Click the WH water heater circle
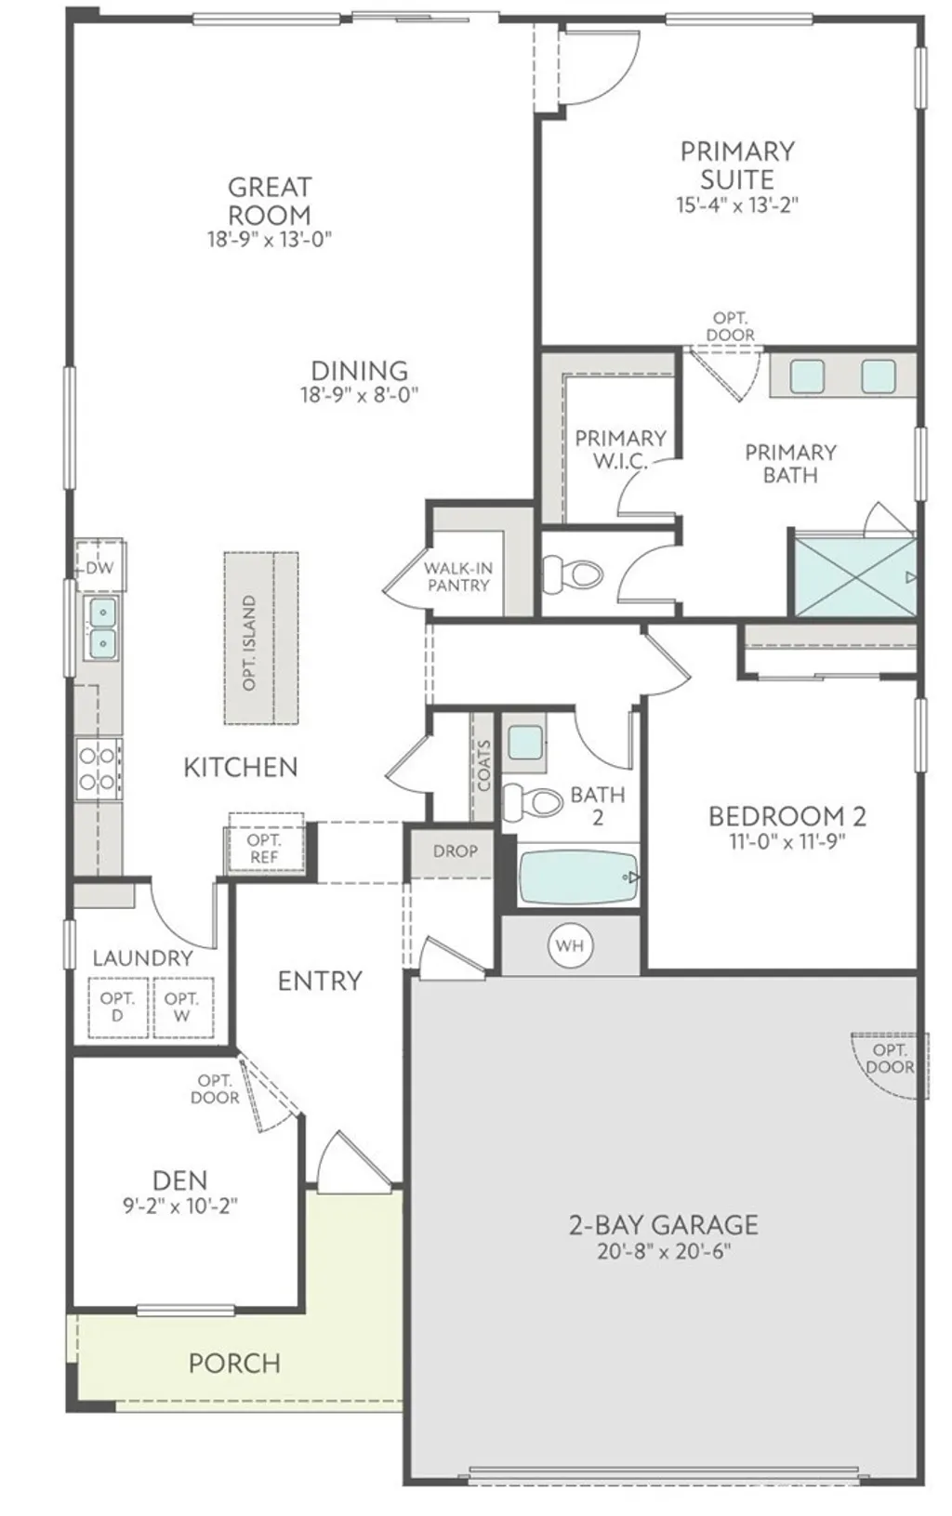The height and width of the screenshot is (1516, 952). [569, 945]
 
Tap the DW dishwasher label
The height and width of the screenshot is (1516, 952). [99, 567]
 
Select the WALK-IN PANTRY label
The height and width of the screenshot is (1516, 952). [457, 576]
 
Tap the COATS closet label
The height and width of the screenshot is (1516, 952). [483, 765]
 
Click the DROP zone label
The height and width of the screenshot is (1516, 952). [456, 850]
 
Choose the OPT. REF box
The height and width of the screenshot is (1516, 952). [264, 848]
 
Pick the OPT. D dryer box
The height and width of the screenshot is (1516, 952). [118, 1007]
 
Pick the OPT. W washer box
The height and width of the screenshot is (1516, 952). [181, 1007]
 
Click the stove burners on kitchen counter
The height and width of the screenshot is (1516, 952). [98, 769]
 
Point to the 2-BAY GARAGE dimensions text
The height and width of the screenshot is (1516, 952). [664, 1251]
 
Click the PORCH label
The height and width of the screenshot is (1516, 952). [234, 1364]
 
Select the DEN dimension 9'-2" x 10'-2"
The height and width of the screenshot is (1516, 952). [180, 1206]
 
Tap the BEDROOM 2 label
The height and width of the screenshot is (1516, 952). [787, 816]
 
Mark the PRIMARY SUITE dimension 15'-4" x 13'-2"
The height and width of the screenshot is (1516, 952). [737, 204]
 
